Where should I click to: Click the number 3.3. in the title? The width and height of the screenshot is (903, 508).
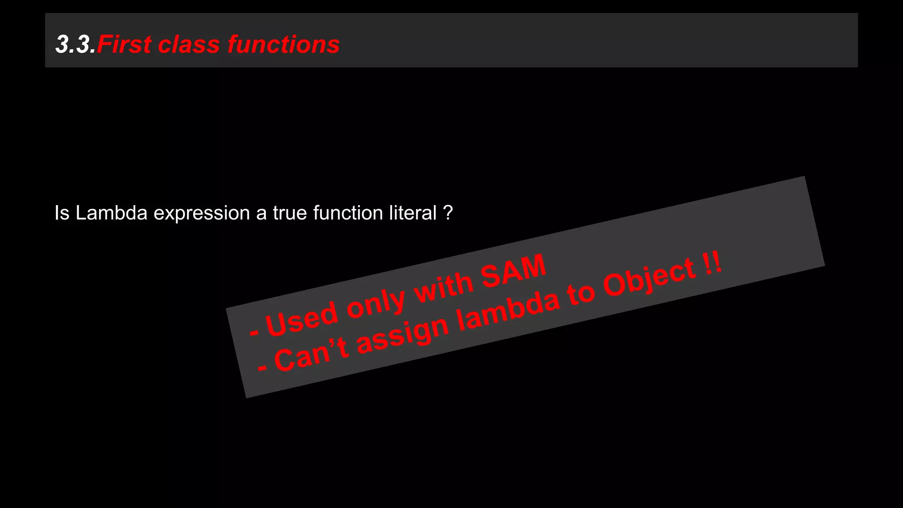(75, 45)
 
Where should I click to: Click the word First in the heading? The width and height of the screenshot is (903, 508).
(124, 45)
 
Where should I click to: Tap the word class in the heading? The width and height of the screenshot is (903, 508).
(189, 45)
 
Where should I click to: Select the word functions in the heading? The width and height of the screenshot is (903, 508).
(284, 45)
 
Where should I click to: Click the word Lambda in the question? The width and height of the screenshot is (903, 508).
(111, 213)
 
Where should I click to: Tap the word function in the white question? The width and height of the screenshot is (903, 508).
(348, 213)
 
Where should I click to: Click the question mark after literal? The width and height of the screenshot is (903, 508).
(448, 213)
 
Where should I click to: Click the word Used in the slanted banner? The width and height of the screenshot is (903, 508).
(302, 318)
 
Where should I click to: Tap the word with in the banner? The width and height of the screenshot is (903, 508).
(444, 286)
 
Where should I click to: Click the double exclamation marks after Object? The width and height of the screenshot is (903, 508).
(712, 263)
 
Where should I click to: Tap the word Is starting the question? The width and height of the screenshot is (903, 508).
(62, 213)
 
